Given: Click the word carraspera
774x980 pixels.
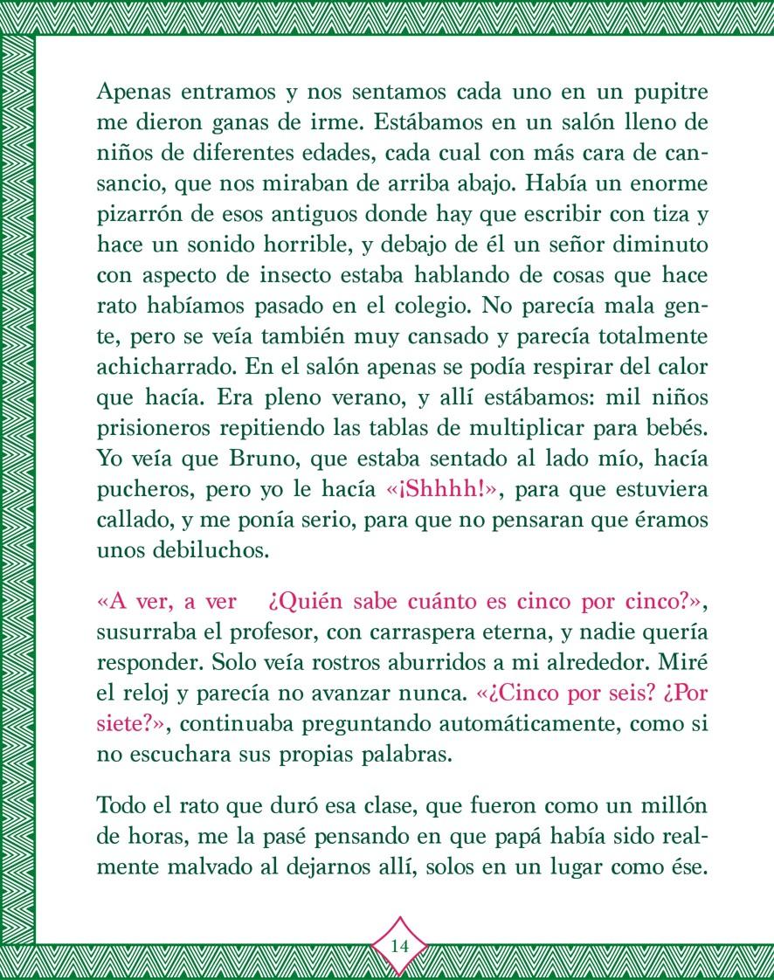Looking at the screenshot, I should (422, 634).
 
